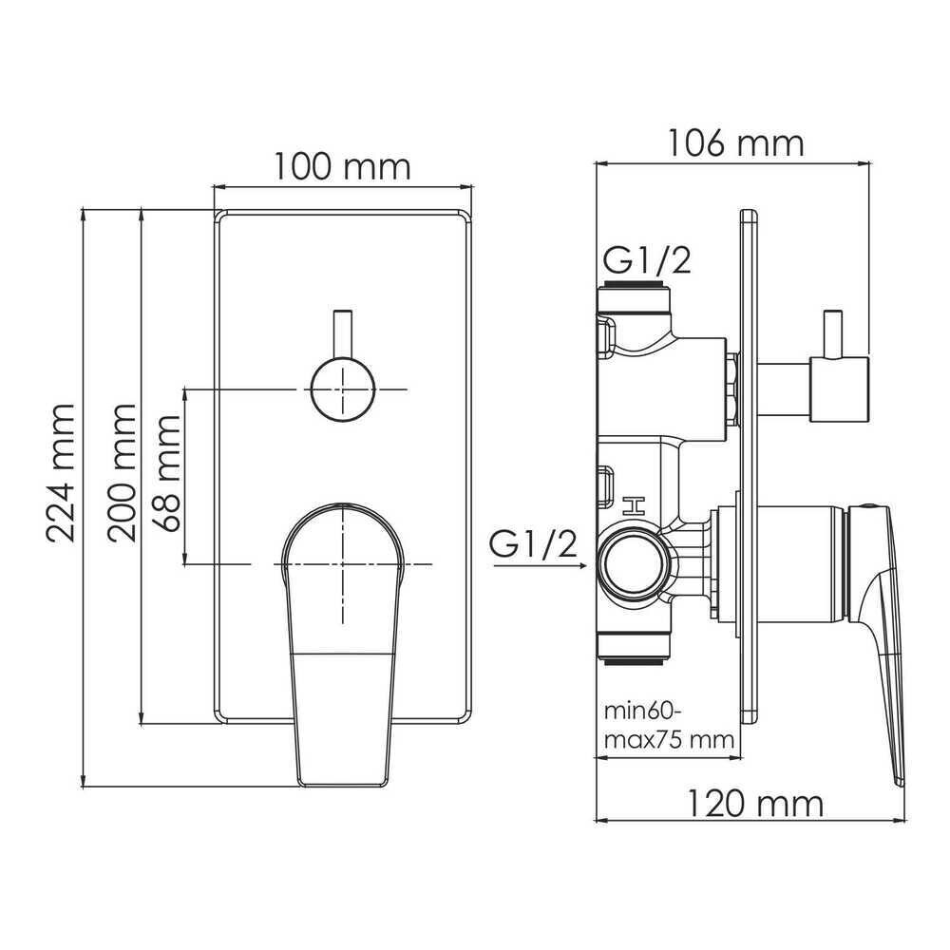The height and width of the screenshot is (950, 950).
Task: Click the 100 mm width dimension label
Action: click(342, 166)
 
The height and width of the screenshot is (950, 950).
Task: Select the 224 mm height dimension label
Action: click(61, 472)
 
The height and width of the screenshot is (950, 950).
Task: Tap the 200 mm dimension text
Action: click(122, 472)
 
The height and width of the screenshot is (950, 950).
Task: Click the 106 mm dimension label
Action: click(735, 143)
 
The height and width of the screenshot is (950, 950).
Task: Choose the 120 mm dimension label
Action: click(755, 804)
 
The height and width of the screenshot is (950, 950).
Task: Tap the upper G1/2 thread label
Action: click(646, 261)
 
